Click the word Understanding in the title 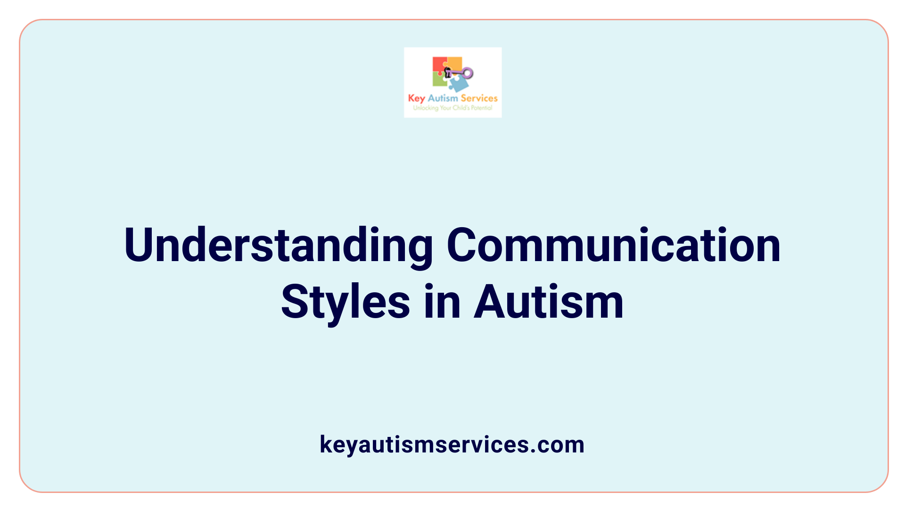tap(278, 246)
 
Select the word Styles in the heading tap(346, 303)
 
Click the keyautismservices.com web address tap(452, 444)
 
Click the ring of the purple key tap(467, 73)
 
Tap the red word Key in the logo tap(417, 99)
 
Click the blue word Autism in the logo tap(443, 98)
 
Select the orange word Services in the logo tap(479, 98)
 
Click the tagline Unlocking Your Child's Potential tap(452, 108)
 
